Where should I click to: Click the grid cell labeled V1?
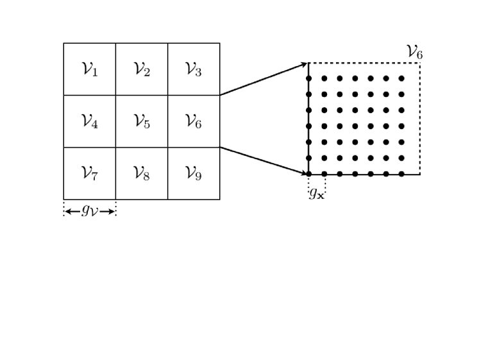pos(90,69)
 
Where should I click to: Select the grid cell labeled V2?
pos(142,69)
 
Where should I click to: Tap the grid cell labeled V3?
pos(194,69)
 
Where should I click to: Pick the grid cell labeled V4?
pos(90,121)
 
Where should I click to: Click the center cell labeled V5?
pos(142,121)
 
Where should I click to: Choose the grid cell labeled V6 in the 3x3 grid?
pos(194,121)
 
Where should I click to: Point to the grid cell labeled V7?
pos(90,173)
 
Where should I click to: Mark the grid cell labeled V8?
pos(142,173)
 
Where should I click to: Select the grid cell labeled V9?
pos(194,173)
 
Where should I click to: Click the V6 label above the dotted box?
pos(414,52)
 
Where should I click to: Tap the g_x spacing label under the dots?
pos(317,193)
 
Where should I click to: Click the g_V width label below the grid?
pos(90,210)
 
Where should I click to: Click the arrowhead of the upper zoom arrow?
pos(305,64)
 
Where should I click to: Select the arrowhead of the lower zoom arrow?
pos(305,173)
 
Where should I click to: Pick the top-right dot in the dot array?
pos(401,78)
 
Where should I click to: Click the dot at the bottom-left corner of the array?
pos(308,174)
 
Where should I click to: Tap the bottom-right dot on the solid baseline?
pos(401,174)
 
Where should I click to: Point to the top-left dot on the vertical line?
pos(308,78)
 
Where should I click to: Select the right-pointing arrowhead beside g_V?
pos(112,211)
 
